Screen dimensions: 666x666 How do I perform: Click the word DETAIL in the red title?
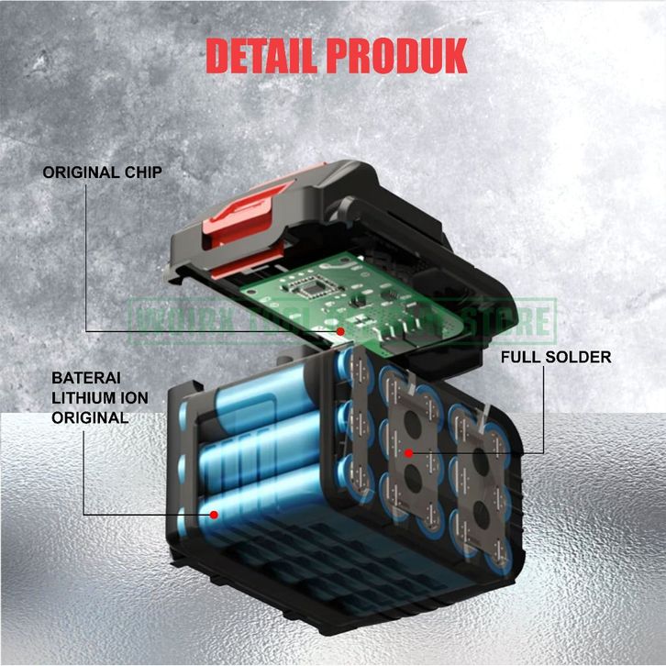[261, 56]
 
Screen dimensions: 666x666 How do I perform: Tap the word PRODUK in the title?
[396, 56]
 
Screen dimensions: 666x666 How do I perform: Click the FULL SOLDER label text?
[556, 357]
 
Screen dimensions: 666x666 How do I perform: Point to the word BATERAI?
[85, 377]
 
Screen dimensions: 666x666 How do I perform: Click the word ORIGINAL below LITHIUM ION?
[90, 417]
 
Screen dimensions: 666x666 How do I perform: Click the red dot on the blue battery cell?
[214, 515]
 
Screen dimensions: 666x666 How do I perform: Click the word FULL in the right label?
[518, 357]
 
